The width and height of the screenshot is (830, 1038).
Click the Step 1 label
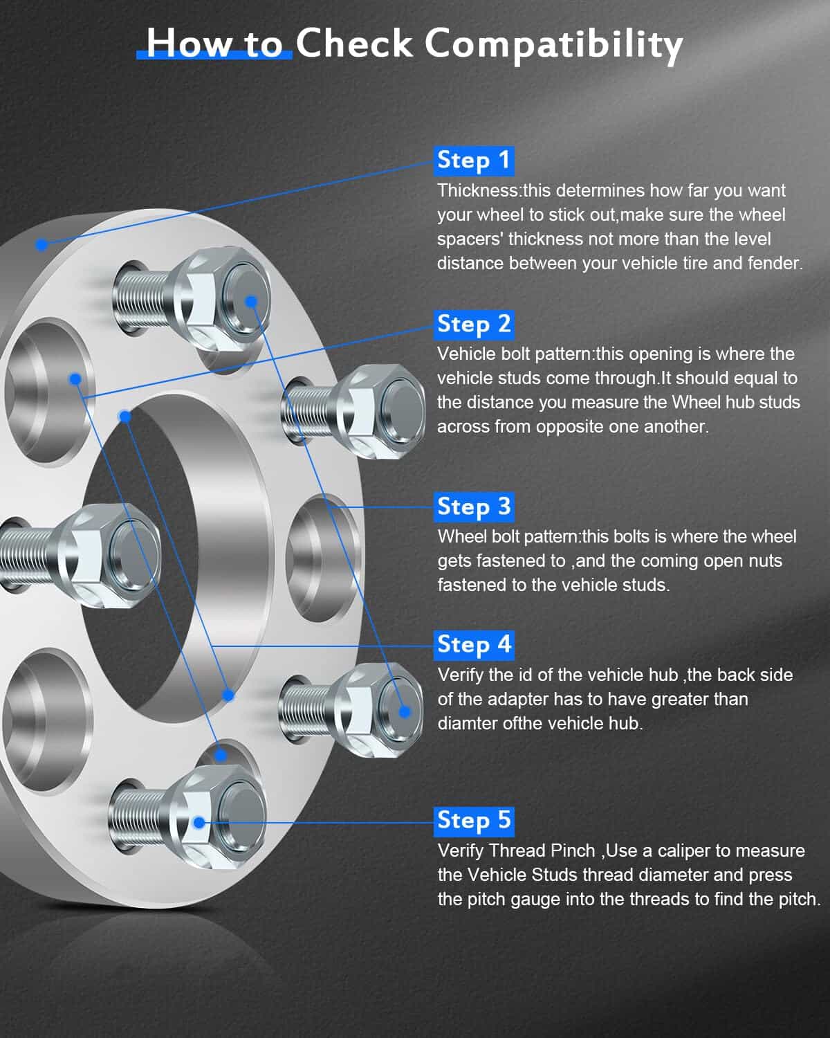pyautogui.click(x=474, y=161)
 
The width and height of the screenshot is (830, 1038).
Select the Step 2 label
pyautogui.click(x=474, y=325)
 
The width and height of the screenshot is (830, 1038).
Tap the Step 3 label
pyautogui.click(x=474, y=507)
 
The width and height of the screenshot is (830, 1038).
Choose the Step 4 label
pyautogui.click(x=474, y=645)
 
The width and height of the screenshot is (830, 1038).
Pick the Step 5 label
pyautogui.click(x=474, y=821)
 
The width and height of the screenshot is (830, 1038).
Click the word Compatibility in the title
pyautogui.click(x=553, y=44)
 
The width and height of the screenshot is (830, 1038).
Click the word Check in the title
pyautogui.click(x=354, y=43)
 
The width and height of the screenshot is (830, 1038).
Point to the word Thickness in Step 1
pyautogui.click(x=477, y=190)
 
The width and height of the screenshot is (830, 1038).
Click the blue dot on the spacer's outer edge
pyautogui.click(x=42, y=245)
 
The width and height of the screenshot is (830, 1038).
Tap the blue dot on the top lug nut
pyautogui.click(x=251, y=302)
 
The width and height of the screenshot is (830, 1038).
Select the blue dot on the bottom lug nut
pyautogui.click(x=199, y=823)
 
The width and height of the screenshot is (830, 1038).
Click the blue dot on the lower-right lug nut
pyautogui.click(x=405, y=711)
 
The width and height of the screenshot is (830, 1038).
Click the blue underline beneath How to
pyautogui.click(x=214, y=55)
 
